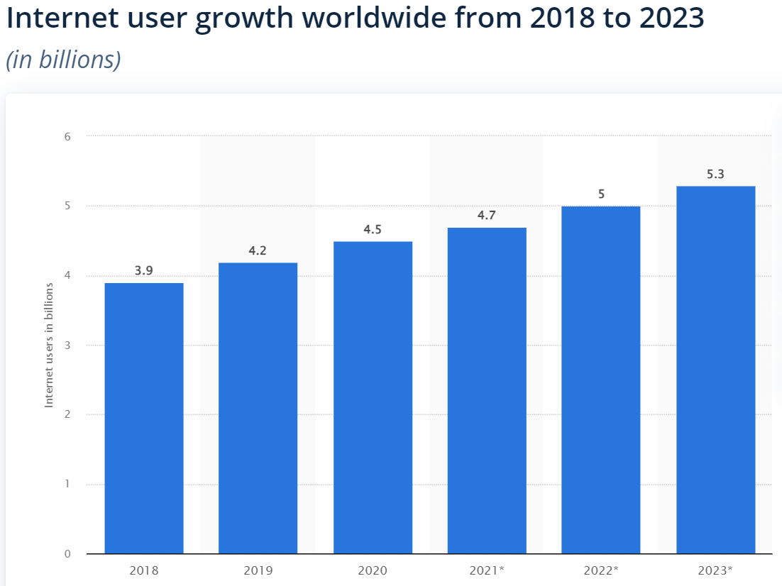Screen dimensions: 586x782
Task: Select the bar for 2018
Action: click(x=144, y=419)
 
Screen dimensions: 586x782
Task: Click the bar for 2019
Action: click(x=258, y=408)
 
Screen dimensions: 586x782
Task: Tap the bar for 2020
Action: click(x=373, y=397)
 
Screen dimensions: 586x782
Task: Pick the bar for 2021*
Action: click(x=487, y=390)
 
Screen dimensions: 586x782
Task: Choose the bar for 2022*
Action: click(x=601, y=380)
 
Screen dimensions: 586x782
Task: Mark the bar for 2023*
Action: click(x=715, y=369)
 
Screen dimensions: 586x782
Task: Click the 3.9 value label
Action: click(x=144, y=270)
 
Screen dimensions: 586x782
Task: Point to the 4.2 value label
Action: click(x=258, y=250)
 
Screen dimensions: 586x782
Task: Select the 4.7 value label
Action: click(x=487, y=215)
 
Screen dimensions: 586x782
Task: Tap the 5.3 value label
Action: click(x=715, y=173)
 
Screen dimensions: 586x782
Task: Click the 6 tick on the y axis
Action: click(x=67, y=136)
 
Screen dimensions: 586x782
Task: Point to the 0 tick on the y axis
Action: click(x=67, y=554)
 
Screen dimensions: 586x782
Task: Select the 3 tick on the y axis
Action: click(x=67, y=345)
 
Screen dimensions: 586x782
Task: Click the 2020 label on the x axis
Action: click(x=373, y=570)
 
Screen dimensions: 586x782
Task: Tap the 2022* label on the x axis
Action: click(x=601, y=570)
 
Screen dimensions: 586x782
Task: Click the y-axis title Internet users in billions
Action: click(x=50, y=345)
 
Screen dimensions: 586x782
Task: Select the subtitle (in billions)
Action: click(x=63, y=60)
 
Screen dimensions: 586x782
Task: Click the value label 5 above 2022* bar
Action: click(x=601, y=194)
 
